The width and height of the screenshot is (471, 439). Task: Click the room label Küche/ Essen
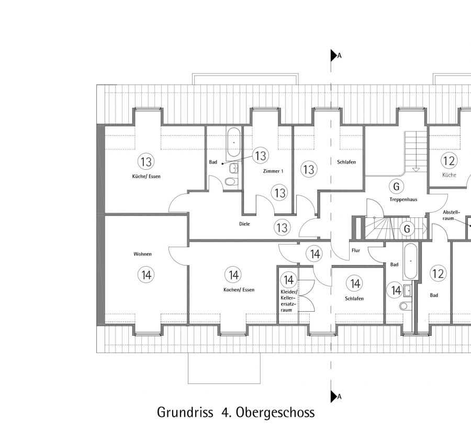tap(147, 177)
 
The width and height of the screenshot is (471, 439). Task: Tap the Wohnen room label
tap(142, 254)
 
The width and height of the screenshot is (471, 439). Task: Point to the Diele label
tap(244, 224)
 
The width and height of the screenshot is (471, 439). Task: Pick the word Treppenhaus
tap(403, 200)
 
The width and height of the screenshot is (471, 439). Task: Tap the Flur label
tap(356, 250)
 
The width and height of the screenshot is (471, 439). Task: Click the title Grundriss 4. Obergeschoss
tap(236, 412)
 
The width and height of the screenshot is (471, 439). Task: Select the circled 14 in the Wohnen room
tap(146, 274)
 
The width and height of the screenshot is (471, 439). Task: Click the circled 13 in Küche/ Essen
tap(146, 161)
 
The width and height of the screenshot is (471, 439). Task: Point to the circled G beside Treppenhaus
tap(396, 186)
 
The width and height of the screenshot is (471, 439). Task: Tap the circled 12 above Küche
tap(448, 161)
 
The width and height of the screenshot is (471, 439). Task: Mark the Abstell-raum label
tap(451, 215)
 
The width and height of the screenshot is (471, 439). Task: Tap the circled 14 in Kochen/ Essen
tap(233, 274)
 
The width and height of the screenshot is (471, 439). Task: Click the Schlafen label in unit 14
tap(354, 298)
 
